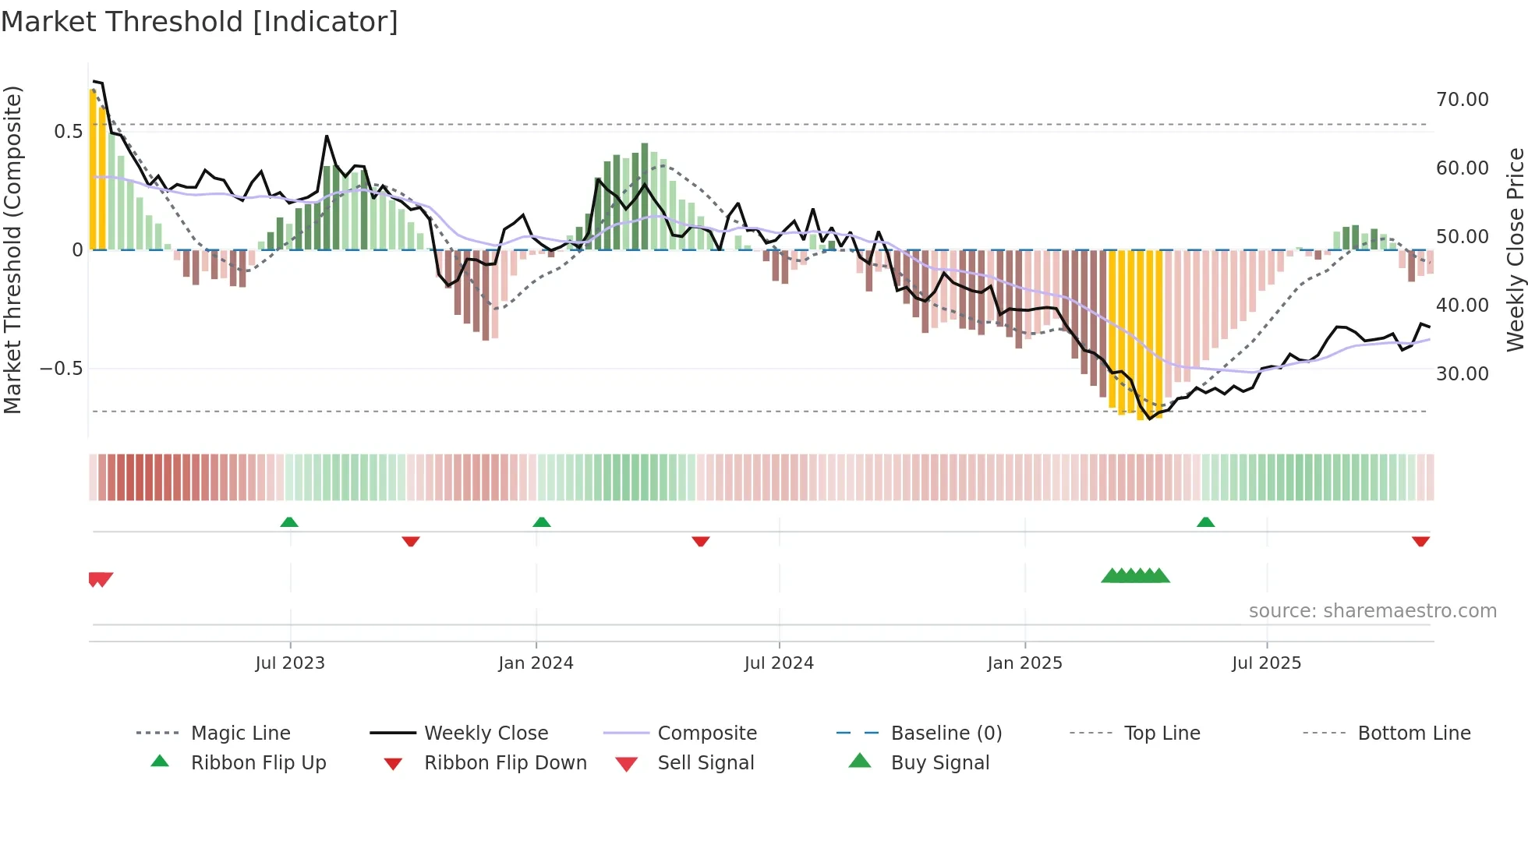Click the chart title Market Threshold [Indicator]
200,22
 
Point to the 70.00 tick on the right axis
1462,100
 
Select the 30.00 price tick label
1462,374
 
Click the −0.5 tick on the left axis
62,369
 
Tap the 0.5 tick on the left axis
68,131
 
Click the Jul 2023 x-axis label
290,663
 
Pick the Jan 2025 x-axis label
1024,663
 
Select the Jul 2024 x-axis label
779,663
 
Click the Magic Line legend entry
240,734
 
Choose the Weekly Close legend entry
486,734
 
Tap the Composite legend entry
706,734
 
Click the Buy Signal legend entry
939,763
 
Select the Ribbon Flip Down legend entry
505,763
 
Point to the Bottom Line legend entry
1413,734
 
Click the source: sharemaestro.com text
1372,611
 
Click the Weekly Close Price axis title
1515,249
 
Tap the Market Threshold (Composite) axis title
12,249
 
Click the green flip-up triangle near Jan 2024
542,522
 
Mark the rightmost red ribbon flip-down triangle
1420,541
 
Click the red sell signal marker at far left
101,579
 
